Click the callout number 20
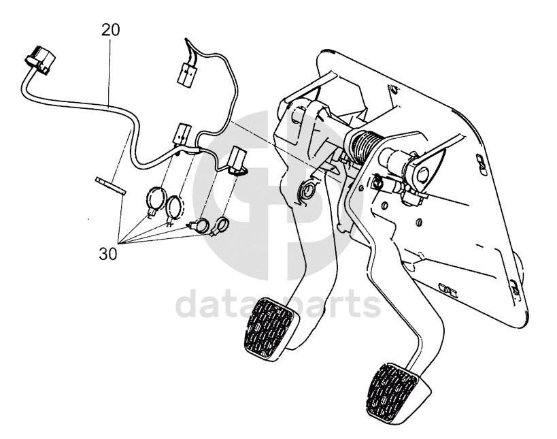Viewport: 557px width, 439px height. pos(110,30)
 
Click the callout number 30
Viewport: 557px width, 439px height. pos(108,254)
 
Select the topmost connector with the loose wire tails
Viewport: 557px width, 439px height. pos(186,73)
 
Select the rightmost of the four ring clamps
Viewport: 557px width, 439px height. pos(221,225)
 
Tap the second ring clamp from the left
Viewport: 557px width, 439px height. pos(175,209)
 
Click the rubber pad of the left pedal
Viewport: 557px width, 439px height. pos(269,325)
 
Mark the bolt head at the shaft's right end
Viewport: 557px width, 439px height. pos(424,174)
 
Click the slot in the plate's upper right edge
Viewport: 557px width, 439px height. pos(482,158)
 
